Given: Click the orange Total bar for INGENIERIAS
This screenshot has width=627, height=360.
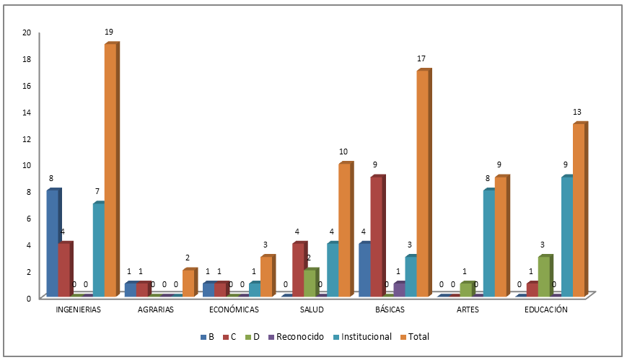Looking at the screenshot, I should (x=110, y=170).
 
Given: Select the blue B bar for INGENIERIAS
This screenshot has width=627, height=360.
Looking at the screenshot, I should (x=52, y=243).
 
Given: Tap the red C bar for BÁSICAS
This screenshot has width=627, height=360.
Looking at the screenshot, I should (x=376, y=237).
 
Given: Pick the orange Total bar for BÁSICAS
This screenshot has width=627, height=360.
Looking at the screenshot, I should (x=422, y=183).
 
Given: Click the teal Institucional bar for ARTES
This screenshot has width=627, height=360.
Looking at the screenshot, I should (x=488, y=243).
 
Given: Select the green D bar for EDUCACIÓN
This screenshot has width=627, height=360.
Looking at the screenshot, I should (x=543, y=276).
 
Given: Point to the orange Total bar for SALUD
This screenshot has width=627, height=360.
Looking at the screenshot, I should (x=344, y=230).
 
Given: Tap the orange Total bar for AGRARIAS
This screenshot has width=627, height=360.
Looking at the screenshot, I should (x=188, y=283).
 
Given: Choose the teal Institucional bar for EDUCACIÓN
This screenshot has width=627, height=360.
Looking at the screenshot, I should (x=566, y=237).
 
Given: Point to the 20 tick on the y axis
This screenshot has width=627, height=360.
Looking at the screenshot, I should (x=27, y=32).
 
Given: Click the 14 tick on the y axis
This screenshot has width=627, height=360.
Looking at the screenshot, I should (x=27, y=112).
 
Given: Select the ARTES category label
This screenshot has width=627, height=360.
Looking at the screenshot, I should (x=468, y=310).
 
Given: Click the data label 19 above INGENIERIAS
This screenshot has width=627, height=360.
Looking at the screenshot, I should (x=109, y=32).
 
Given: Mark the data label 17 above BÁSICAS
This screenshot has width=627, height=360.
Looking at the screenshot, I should (x=421, y=58).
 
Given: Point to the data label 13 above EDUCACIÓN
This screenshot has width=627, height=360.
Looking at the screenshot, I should (x=576, y=112).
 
